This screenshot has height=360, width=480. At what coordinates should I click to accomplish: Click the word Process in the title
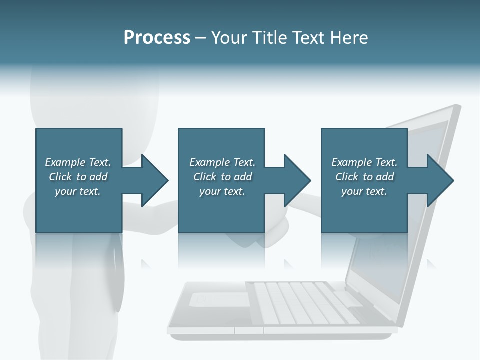[x=157, y=38]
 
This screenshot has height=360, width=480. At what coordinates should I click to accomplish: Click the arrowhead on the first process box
[x=154, y=180]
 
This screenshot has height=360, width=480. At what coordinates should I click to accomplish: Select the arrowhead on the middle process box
[x=297, y=180]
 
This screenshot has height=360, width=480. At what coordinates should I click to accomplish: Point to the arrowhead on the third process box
[x=440, y=180]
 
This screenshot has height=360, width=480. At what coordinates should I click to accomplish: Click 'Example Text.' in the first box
[x=78, y=162]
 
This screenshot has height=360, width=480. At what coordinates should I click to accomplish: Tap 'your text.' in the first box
[x=78, y=191]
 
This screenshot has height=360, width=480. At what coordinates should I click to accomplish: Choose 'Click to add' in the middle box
[x=222, y=177]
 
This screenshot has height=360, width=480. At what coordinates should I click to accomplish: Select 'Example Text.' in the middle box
[x=222, y=162]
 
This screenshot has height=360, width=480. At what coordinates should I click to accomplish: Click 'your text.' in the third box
[x=364, y=191]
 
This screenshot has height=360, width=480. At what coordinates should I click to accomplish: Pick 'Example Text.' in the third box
[x=364, y=162]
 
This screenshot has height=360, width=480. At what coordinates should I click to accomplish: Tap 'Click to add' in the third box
[x=364, y=177]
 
